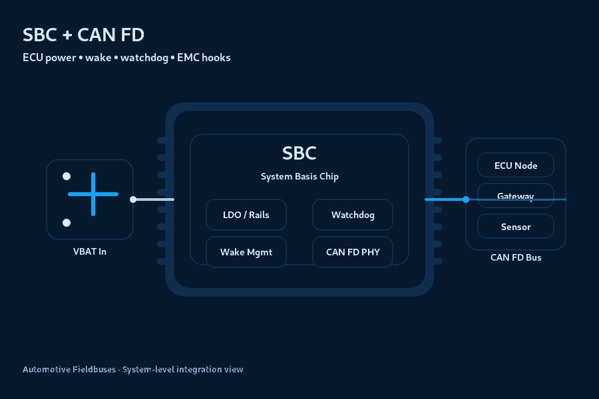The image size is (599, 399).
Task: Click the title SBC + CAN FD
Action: (x=83, y=35)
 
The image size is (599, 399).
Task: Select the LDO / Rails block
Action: (x=246, y=215)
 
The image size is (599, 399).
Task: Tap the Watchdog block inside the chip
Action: (x=353, y=215)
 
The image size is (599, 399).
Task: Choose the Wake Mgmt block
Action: (x=246, y=252)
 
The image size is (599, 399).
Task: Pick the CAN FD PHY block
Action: (x=353, y=252)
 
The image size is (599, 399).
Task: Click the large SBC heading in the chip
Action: (x=299, y=153)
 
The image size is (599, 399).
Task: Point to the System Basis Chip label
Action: (x=299, y=177)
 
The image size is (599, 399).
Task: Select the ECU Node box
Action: (x=516, y=166)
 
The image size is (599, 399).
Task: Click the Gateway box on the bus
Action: (x=516, y=196)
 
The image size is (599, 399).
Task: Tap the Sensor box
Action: (x=516, y=227)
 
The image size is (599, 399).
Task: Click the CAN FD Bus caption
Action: (x=516, y=257)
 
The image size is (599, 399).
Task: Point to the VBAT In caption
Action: (x=90, y=251)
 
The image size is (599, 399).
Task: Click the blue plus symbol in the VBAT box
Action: (x=93, y=194)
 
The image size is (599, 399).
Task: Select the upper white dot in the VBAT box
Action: (x=67, y=176)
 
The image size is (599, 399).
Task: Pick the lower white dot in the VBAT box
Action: (x=67, y=223)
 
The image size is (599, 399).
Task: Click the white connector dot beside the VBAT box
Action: (x=133, y=199)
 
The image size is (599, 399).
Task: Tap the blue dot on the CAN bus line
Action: (x=466, y=199)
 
